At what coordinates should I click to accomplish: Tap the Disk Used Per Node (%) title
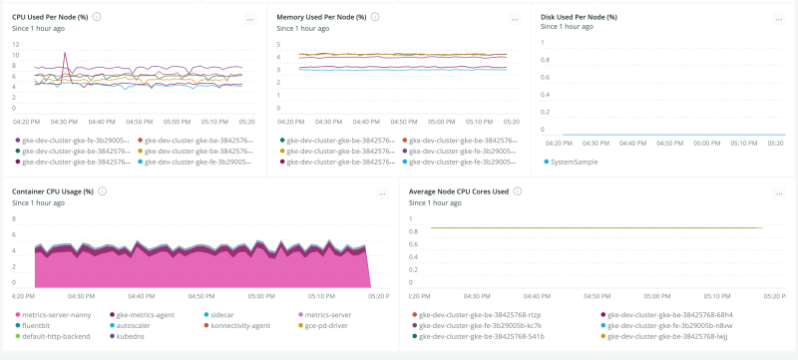pyautogui.click(x=579, y=17)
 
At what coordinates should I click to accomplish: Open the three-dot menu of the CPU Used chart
pyautogui.click(x=249, y=19)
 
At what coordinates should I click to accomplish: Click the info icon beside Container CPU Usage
pyautogui.click(x=102, y=190)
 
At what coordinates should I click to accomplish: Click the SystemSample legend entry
pyautogui.click(x=574, y=161)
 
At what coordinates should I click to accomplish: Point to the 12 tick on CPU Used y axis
pyautogui.click(x=15, y=44)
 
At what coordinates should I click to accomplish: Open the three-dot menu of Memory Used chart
pyautogui.click(x=514, y=19)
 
